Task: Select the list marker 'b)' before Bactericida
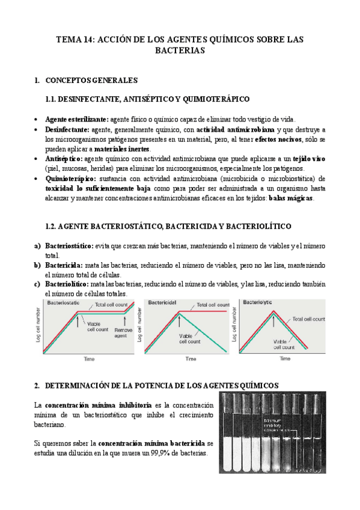click(x=38, y=265)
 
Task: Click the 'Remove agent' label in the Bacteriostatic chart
click(x=124, y=333)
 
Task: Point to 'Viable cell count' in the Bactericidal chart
click(x=185, y=339)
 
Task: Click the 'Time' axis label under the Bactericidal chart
click(x=190, y=358)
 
